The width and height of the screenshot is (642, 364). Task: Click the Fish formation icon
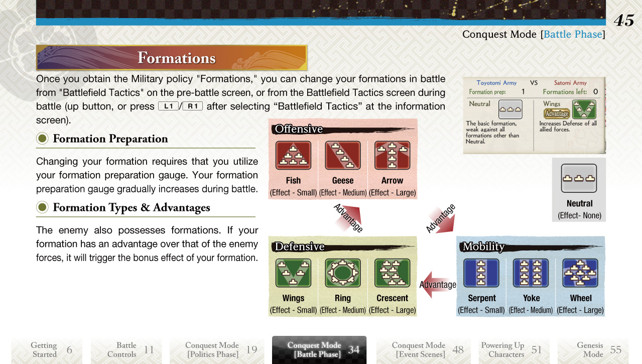293,155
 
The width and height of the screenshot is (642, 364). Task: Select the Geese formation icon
343,155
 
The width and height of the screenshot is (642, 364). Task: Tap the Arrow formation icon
393,155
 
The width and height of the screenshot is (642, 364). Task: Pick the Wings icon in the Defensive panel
293,273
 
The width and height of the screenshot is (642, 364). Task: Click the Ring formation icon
343,273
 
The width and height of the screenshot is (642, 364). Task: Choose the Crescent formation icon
393,273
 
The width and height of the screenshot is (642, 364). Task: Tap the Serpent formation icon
481,273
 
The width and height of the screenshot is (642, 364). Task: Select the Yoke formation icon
531,273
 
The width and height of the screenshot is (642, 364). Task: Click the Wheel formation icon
580,273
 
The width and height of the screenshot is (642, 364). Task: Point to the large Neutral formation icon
579,178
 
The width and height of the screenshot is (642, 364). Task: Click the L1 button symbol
169,106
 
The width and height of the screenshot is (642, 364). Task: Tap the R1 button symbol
193,106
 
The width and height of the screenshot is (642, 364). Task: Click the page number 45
624,21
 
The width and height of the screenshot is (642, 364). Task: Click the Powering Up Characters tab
514,349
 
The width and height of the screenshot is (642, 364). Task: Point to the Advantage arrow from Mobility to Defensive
437,285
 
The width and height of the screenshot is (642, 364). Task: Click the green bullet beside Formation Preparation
43,139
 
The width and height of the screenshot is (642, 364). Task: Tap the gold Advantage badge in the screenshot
557,114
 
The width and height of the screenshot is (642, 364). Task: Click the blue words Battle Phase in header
573,35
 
